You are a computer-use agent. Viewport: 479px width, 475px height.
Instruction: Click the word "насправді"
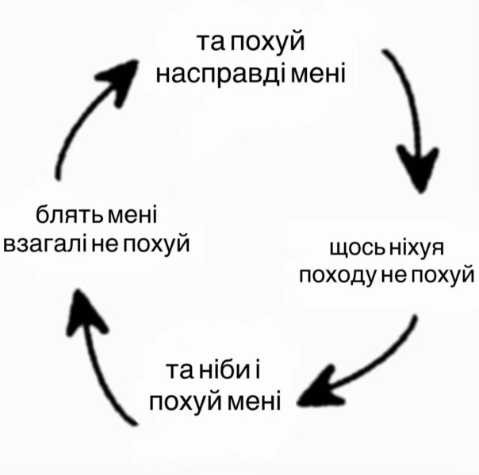[222, 76]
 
